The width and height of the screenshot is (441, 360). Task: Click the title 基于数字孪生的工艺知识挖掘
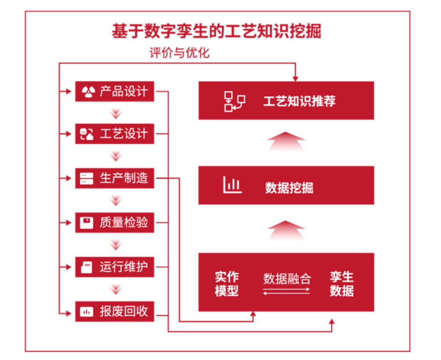coord(216,32)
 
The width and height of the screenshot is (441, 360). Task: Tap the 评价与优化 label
coord(179,53)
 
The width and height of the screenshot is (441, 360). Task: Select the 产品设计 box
coord(115,92)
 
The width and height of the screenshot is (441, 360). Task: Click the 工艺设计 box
coord(115,134)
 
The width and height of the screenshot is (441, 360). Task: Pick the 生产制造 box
coord(115,178)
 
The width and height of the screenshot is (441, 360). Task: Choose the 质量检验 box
coord(115,223)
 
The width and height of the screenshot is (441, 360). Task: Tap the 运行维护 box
coord(115,267)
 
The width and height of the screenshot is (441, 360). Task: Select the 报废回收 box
coord(115,312)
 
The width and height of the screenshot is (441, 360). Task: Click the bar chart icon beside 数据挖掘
coord(232,186)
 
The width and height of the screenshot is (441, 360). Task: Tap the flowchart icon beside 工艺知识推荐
coord(235,102)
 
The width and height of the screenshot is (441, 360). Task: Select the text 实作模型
coord(226,284)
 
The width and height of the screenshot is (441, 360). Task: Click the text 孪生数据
coord(342,284)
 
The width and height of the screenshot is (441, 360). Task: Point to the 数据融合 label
coord(286,278)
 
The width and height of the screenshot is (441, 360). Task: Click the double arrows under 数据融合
coord(286,290)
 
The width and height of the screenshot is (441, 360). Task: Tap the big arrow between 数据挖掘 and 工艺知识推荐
coord(286,142)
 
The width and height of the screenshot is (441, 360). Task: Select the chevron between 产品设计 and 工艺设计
coord(116,114)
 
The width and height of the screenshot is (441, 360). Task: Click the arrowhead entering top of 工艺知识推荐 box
coord(296,78)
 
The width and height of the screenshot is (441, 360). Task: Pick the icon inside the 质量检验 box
coord(87,223)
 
